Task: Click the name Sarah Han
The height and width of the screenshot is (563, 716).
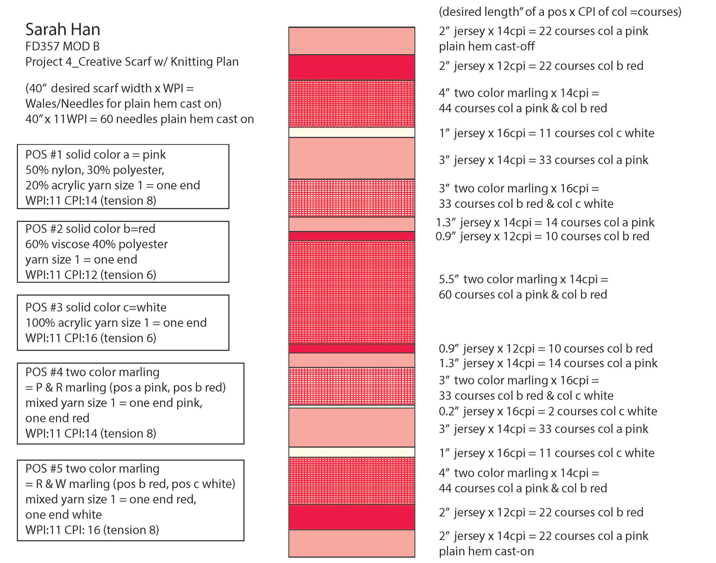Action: coord(63,29)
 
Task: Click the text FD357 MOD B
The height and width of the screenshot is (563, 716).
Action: coord(62,46)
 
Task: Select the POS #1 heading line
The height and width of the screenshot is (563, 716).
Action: coord(95,154)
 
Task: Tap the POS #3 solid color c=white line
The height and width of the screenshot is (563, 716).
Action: coord(96,307)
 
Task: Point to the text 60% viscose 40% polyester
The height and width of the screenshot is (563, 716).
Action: coord(97,244)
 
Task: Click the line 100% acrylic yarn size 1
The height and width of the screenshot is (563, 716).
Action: coord(116,322)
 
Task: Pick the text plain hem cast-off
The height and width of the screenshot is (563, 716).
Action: coord(487,46)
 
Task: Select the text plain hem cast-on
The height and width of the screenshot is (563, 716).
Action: coord(486,551)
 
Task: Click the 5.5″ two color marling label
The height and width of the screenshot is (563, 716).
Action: coord(523,279)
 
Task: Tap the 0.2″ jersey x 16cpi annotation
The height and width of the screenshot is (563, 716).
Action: coord(547,411)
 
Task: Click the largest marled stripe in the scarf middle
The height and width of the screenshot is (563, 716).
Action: coord(352,292)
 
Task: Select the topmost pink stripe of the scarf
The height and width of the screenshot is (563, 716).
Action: coord(352,41)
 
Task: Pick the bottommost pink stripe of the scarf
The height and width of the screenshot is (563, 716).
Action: coord(352,543)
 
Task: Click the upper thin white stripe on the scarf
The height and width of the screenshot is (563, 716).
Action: coord(352,132)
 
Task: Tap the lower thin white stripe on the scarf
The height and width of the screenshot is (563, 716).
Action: coord(352,452)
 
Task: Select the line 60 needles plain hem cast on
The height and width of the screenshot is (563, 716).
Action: coord(139,119)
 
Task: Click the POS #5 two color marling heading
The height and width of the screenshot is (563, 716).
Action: coord(92,468)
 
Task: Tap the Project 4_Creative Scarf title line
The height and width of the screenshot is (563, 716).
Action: coord(132,62)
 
